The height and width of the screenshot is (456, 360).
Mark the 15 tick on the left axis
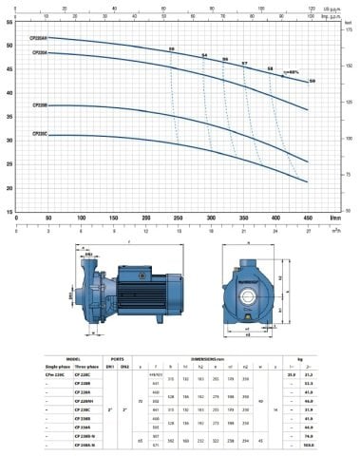click(x=9, y=212)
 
